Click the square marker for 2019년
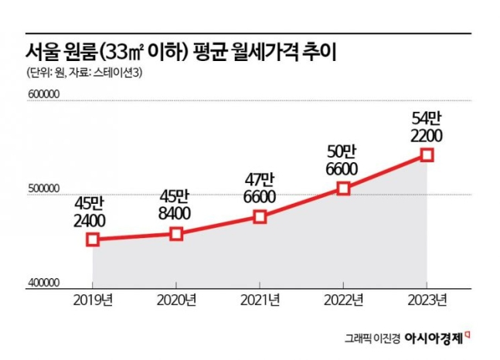93,239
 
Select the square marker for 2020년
176,234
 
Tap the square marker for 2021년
260,217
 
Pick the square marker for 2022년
344,188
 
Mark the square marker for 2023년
427,155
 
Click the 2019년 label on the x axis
93,299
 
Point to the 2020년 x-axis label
176,299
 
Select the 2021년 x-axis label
260,299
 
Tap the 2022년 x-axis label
344,299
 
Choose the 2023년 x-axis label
427,299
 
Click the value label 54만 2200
427,127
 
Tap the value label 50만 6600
344,159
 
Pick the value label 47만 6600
260,188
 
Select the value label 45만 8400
176,205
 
